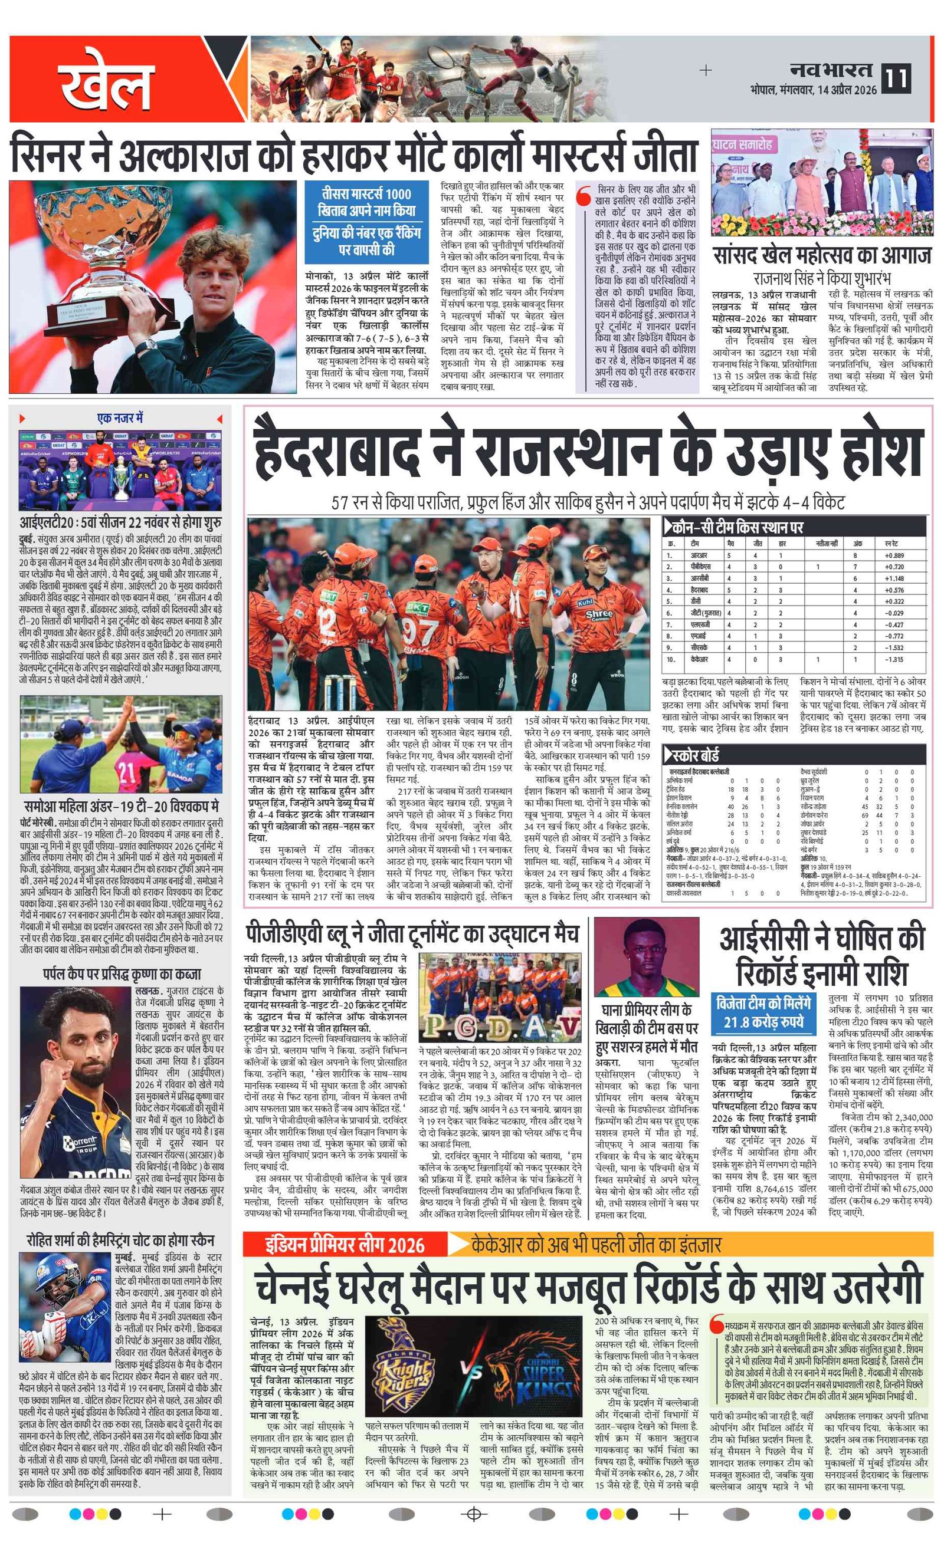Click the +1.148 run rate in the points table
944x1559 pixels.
pyautogui.click(x=893, y=578)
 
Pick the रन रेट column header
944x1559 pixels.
pyautogui.click(x=891, y=543)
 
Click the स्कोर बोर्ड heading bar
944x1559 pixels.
pyautogui.click(x=794, y=755)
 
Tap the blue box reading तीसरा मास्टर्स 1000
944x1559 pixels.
pyautogui.click(x=366, y=222)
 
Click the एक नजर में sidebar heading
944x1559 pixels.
pyautogui.click(x=120, y=418)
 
